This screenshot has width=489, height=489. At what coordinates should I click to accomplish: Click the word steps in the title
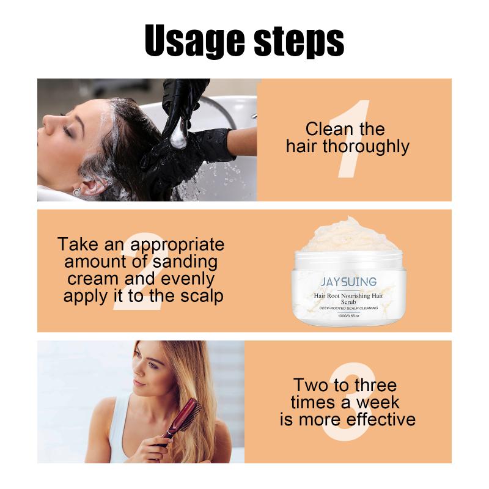click(x=300, y=42)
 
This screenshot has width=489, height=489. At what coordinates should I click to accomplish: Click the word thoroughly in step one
click(x=366, y=147)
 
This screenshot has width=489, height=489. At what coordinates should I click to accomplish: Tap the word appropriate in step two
click(x=177, y=246)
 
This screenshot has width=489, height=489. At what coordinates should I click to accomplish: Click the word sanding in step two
click(x=185, y=262)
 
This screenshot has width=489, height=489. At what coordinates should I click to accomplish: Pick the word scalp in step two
click(x=202, y=296)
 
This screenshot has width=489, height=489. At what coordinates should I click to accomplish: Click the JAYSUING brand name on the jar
click(x=348, y=281)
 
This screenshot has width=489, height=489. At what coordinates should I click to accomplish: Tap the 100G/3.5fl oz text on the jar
click(x=348, y=315)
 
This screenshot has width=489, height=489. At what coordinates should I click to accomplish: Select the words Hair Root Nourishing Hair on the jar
click(x=348, y=295)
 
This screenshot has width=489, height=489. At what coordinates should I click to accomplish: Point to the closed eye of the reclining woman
click(x=67, y=130)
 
